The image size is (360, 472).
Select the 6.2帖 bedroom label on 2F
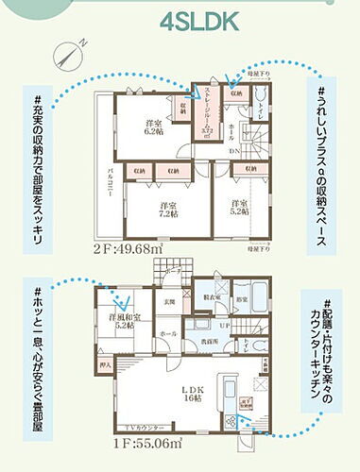pyautogui.click(x=152, y=130)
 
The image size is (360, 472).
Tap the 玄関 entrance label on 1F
pyautogui.click(x=170, y=302)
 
